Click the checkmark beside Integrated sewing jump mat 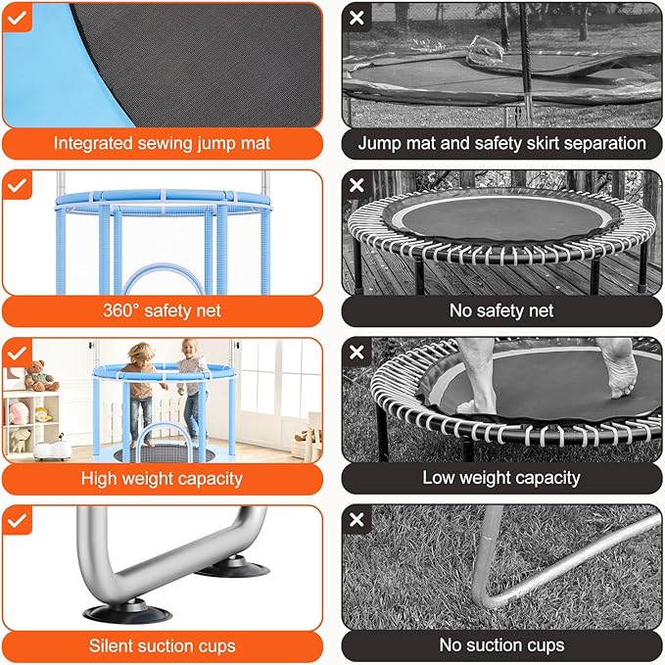(x=17, y=18)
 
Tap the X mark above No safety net (x=356, y=185)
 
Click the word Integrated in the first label (x=93, y=143)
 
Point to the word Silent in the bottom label (x=110, y=646)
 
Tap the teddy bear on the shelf (x=41, y=375)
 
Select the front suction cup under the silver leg (x=127, y=611)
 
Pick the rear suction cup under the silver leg (x=233, y=566)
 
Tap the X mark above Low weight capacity (x=356, y=352)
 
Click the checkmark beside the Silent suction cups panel (x=17, y=520)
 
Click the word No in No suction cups (x=451, y=645)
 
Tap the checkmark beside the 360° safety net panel (x=17, y=185)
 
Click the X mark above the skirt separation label (x=356, y=18)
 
